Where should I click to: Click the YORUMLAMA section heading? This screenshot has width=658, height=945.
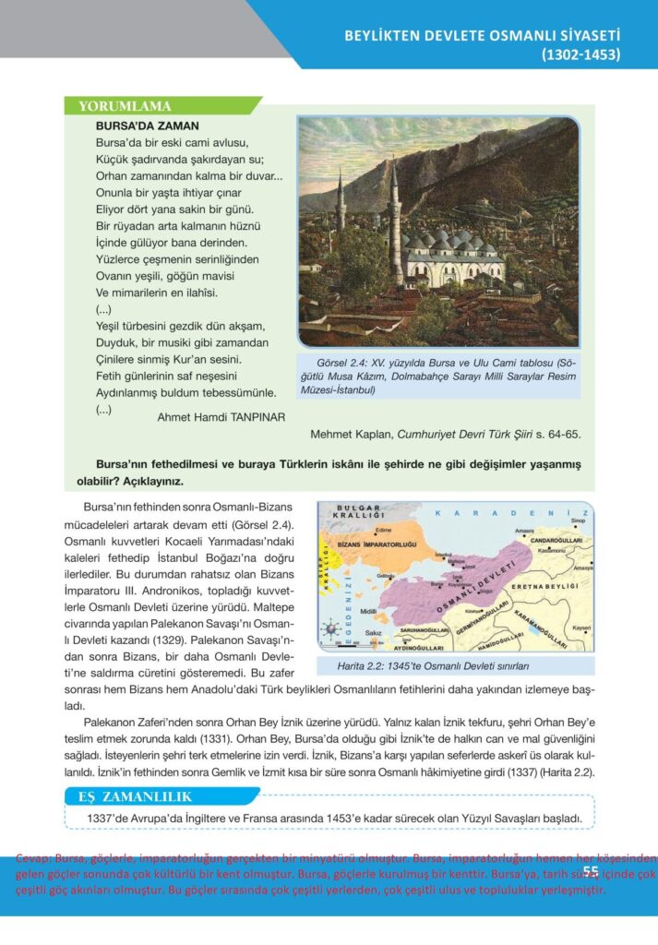pos(126,106)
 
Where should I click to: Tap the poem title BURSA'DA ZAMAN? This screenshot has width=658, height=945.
pos(148,125)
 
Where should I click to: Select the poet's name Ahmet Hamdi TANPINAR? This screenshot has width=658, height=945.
pos(221,417)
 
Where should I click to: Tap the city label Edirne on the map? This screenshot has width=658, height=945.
pos(382,530)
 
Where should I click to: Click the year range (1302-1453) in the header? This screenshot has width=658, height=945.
pos(580,54)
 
